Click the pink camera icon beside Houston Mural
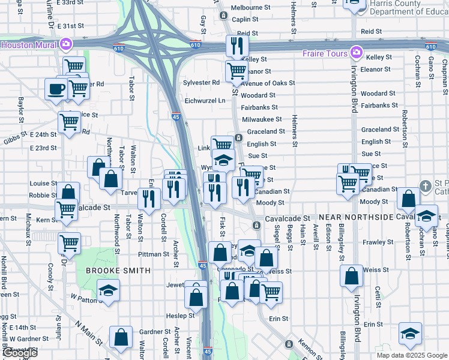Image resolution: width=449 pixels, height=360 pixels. click(66, 44)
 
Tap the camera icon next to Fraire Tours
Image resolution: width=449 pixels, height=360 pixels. click(357, 53)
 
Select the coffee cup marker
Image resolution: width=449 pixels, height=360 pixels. click(56, 89)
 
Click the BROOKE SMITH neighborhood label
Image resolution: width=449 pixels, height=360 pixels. click(118, 271)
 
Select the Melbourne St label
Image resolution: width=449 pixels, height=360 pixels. click(251, 7)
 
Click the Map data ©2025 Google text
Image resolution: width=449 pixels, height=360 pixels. click(411, 355)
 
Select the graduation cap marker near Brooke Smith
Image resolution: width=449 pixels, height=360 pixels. click(108, 291)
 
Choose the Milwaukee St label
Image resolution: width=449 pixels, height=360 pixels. click(262, 119)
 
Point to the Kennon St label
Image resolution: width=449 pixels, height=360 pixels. click(310, 347)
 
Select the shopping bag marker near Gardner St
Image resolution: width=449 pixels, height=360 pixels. click(121, 338)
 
